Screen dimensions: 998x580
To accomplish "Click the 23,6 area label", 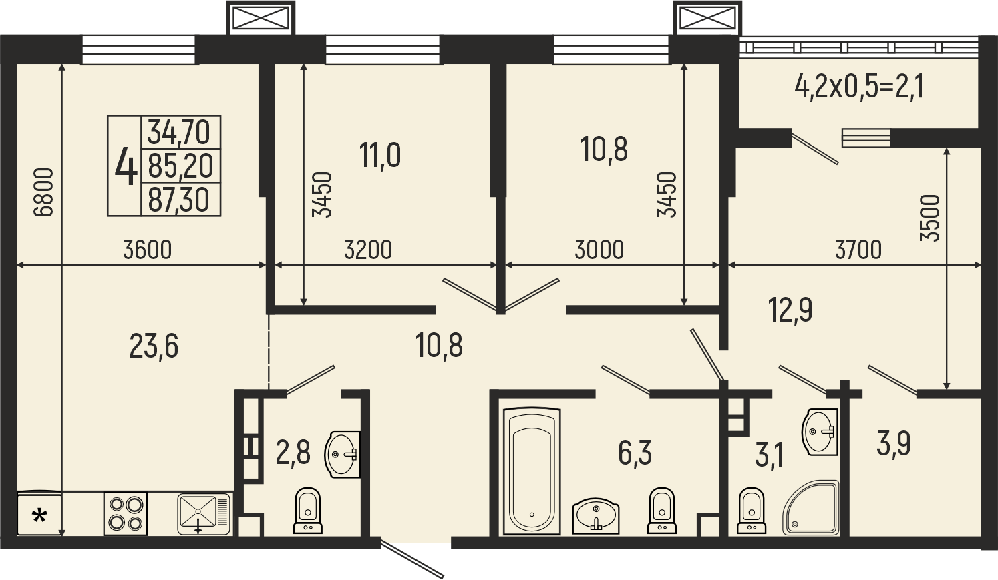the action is point(154,347).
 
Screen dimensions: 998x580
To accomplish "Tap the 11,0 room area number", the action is point(380,156).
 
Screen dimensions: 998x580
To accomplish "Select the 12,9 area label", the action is point(790,310).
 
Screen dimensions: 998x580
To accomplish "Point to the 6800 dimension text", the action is point(43,192).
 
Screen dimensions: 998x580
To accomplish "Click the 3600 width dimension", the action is point(148,250).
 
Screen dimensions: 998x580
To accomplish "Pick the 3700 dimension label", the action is point(858,250).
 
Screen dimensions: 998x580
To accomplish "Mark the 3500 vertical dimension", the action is point(930,218).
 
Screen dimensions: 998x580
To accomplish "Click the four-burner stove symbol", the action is point(126,513).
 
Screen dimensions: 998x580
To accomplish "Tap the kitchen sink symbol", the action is point(204,514).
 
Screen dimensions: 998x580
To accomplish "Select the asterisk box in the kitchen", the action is point(39,513).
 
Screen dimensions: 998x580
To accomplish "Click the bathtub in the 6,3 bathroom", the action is point(532,471).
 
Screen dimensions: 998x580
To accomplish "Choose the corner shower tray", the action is point(810,507).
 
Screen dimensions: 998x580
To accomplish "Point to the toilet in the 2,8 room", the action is point(308,510).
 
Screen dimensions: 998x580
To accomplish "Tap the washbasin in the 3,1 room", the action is point(820,432).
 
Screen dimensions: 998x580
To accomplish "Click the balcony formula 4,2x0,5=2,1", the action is point(860,99).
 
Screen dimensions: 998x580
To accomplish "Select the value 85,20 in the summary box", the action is point(180,166).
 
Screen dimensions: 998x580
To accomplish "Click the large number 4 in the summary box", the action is point(126,166).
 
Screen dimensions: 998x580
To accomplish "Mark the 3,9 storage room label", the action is point(893,444).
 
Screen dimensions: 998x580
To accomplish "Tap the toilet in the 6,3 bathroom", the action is point(662,510).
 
